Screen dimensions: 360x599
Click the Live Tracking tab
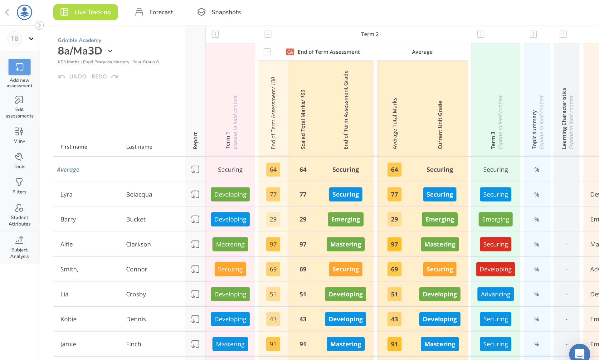pyautogui.click(x=85, y=12)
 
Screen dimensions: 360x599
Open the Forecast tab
pyautogui.click(x=154, y=12)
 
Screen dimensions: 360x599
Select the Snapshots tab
pyautogui.click(x=219, y=12)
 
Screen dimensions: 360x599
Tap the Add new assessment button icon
pyautogui.click(x=19, y=67)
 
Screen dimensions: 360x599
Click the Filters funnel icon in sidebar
pyautogui.click(x=19, y=182)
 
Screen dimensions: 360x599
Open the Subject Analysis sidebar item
pyautogui.click(x=19, y=248)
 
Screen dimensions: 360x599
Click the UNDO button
pyautogui.click(x=73, y=76)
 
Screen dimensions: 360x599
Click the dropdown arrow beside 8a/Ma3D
pyautogui.click(x=110, y=51)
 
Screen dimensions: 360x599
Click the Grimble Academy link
pyautogui.click(x=80, y=40)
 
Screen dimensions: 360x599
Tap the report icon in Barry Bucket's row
pyautogui.click(x=195, y=219)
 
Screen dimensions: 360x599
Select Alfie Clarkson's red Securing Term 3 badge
pyautogui.click(x=495, y=244)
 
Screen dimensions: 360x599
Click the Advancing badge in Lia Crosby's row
pyautogui.click(x=495, y=294)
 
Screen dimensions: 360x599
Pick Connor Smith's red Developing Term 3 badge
pyautogui.click(x=495, y=269)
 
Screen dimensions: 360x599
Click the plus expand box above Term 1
pyautogui.click(x=216, y=34)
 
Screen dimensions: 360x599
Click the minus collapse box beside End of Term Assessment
pyautogui.click(x=267, y=52)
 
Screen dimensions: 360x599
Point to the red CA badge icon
pyautogui.click(x=290, y=52)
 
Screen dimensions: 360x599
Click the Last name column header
pyautogui.click(x=139, y=147)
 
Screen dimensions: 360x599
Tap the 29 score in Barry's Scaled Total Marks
pyautogui.click(x=303, y=219)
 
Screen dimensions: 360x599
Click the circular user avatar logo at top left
pyautogui.click(x=24, y=12)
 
